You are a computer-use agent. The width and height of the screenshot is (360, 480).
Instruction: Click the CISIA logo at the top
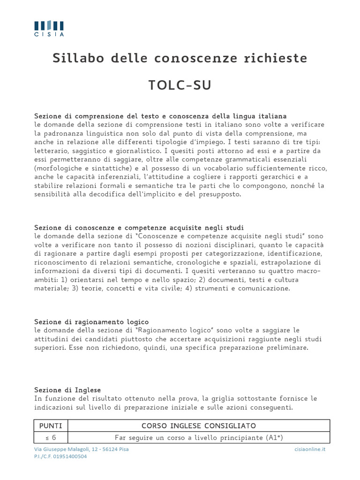[x=49, y=28]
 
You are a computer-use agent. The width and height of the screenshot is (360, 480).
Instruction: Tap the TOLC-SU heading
[x=180, y=85]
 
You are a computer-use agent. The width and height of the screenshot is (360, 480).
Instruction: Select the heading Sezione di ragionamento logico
[x=91, y=322]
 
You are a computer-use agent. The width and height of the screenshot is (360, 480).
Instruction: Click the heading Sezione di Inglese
[x=67, y=390]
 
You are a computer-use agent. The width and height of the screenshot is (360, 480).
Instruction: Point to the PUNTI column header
[x=51, y=426]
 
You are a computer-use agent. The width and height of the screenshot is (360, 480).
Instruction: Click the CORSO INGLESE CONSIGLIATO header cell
[x=199, y=426]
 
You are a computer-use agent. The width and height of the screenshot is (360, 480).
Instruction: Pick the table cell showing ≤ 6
[x=51, y=437]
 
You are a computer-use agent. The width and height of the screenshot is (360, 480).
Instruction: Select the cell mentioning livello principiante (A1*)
[x=199, y=437]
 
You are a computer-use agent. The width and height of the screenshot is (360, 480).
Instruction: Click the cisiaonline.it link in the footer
[x=310, y=449]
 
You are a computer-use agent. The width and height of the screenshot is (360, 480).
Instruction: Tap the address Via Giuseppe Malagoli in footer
[x=82, y=449]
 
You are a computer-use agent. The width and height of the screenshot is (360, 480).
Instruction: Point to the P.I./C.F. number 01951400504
[x=60, y=456]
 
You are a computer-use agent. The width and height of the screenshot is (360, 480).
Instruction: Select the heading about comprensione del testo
[x=160, y=116]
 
